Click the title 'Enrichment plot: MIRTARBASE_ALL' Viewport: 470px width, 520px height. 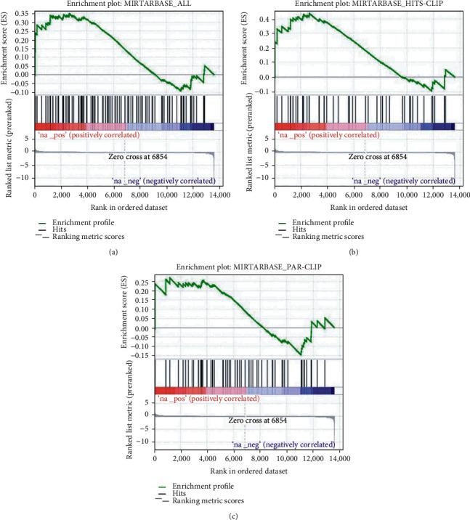[x=124, y=4]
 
